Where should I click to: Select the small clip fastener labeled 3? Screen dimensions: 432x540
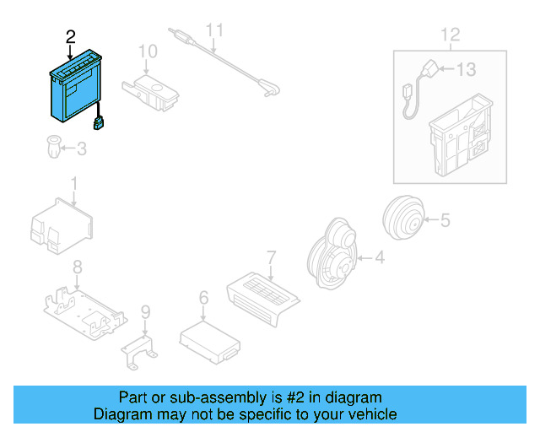[53, 149]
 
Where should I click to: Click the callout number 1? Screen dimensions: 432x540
[73, 183]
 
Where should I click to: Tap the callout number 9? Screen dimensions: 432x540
[145, 313]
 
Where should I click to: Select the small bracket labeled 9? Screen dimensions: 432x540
[140, 348]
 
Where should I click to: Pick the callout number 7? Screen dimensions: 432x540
[271, 256]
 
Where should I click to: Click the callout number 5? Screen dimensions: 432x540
[445, 221]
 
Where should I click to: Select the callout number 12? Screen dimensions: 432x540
[451, 35]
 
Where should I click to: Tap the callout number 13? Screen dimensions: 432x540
[466, 70]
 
